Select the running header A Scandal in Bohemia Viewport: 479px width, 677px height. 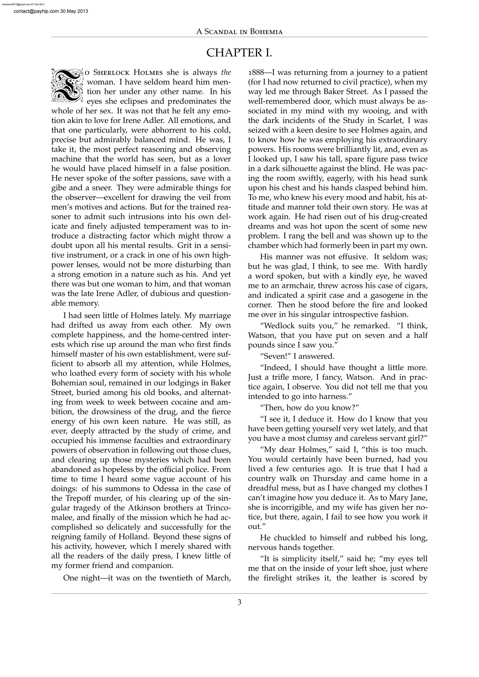tap(239, 32)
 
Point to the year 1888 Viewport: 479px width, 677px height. tap(256, 72)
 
